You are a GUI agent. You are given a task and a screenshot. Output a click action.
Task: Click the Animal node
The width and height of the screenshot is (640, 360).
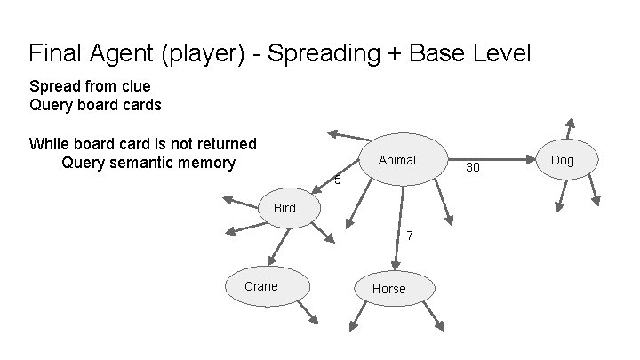pos(397,161)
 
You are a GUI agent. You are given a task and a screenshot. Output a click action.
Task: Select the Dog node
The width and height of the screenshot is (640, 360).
pos(563,161)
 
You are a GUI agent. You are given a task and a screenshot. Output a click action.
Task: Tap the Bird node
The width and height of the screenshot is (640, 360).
pos(284,209)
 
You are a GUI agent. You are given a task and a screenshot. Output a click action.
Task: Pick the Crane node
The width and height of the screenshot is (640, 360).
pos(261,286)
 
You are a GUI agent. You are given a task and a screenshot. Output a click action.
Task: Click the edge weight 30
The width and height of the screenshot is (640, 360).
pos(473,167)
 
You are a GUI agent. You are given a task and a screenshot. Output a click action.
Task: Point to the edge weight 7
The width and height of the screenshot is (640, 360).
pos(409,236)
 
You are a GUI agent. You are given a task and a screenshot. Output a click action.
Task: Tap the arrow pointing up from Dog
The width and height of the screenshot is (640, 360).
pos(572,129)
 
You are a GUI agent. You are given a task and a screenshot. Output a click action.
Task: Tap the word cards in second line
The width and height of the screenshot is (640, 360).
pos(141,104)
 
